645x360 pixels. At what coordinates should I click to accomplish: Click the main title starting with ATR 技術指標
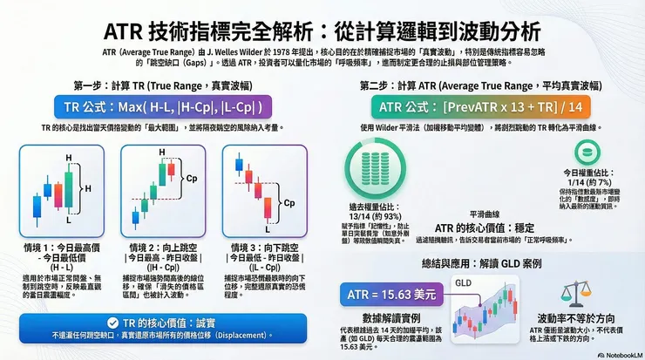pos(322,31)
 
